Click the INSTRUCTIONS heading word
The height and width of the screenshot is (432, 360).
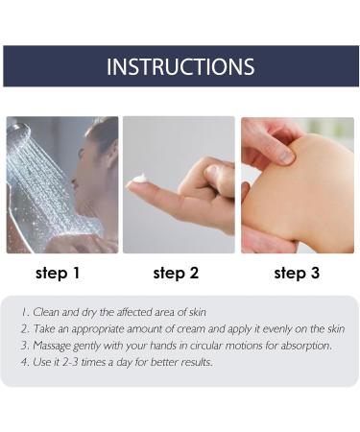pos(180,66)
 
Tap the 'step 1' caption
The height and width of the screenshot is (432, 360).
pos(58,273)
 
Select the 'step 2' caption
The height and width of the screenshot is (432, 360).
pos(176,273)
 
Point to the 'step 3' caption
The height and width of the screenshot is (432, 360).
pos(297,273)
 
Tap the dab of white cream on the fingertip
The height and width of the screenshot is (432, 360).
pos(139,179)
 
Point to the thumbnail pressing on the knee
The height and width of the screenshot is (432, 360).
pos(286,156)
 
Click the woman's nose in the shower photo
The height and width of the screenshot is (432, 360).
pos(74,181)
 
